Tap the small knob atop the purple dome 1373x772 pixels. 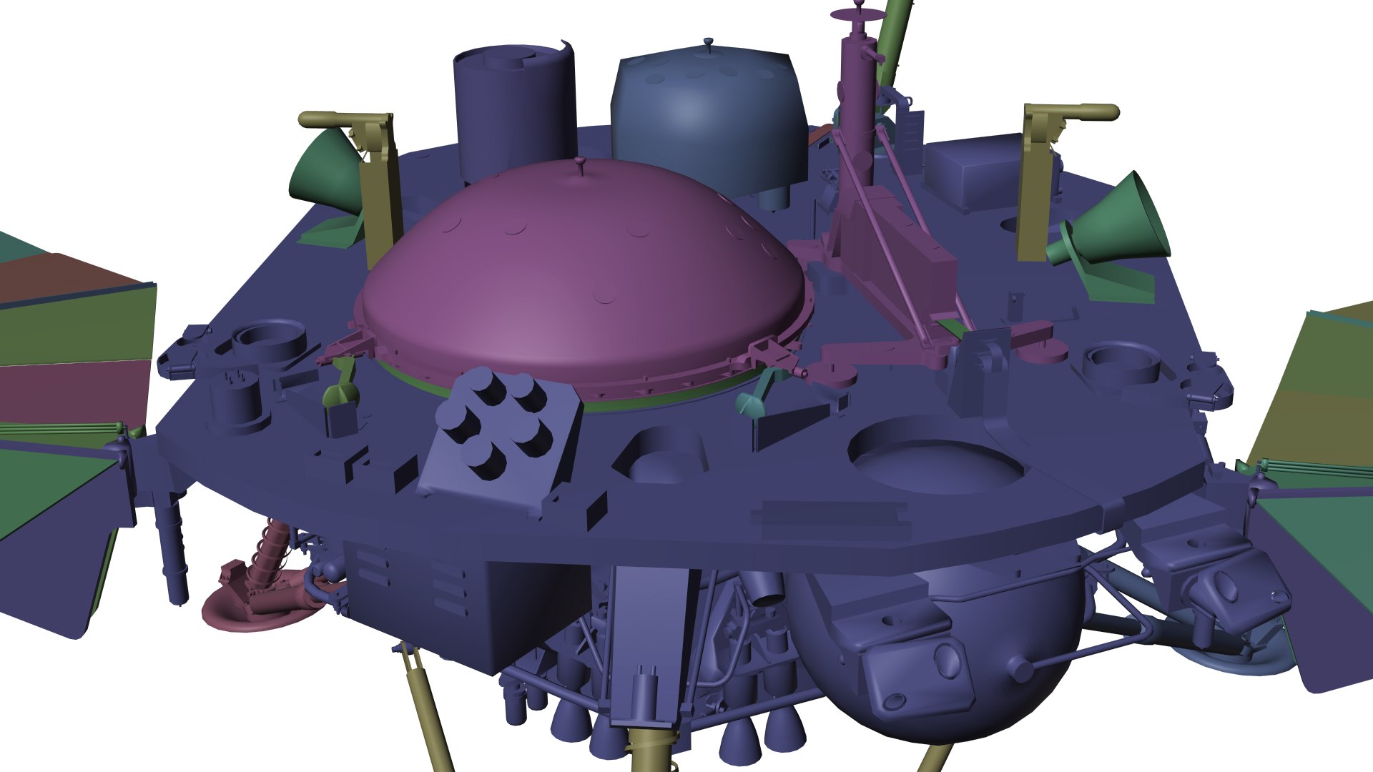(x=580, y=164)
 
